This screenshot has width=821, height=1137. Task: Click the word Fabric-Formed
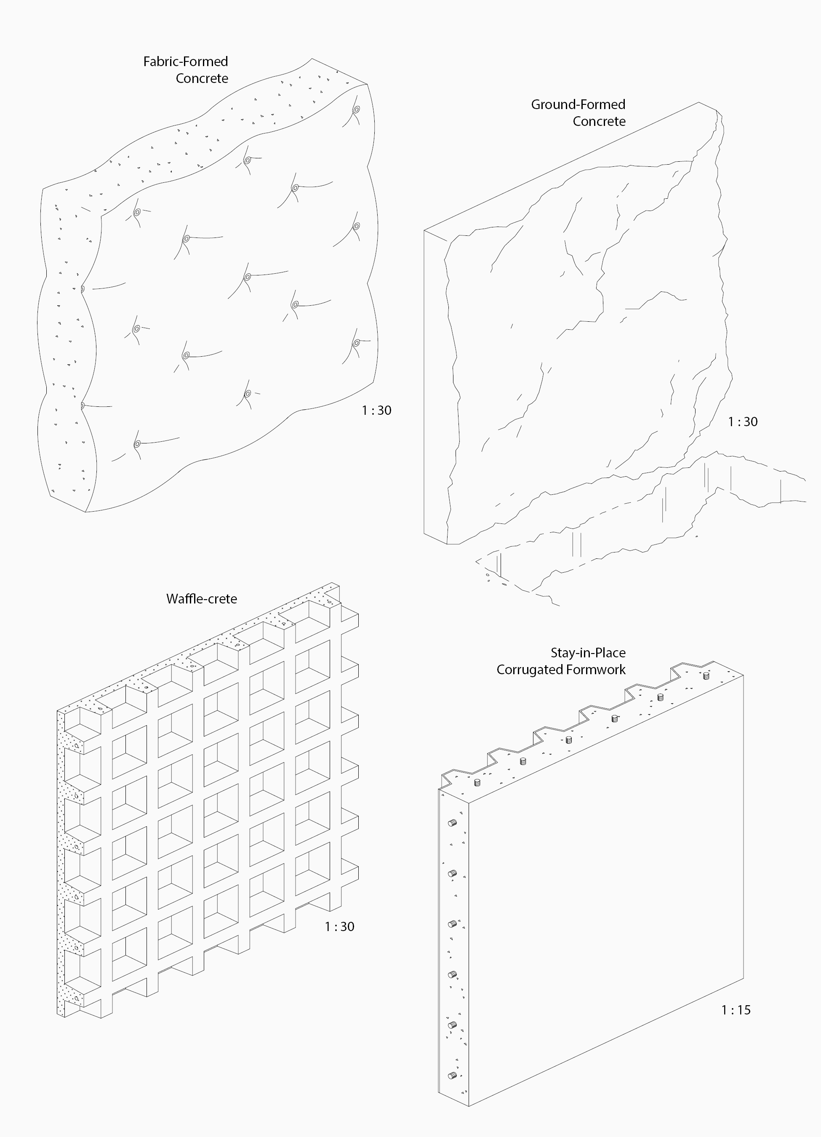pos(185,61)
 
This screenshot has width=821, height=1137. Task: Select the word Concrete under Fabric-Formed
pos(202,79)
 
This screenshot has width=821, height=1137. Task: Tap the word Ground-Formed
pos(578,105)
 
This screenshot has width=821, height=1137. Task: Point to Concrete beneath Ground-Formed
pos(600,122)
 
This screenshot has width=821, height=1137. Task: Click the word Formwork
pos(594,670)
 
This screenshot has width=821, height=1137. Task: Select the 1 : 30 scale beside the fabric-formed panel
pos(376,411)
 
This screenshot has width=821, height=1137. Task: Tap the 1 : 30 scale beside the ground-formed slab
pos(743,422)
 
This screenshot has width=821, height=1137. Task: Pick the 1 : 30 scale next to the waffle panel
pos(339,927)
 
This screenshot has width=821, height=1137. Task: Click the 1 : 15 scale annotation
pos(736,1010)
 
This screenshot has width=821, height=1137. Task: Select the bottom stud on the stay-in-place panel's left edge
pos(452,1076)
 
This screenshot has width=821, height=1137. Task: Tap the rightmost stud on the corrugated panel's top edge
pos(706,676)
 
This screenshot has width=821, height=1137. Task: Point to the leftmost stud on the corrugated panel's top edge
pos(477,782)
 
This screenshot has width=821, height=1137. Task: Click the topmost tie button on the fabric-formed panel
pos(356,110)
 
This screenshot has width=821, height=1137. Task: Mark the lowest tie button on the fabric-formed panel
pos(137,444)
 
